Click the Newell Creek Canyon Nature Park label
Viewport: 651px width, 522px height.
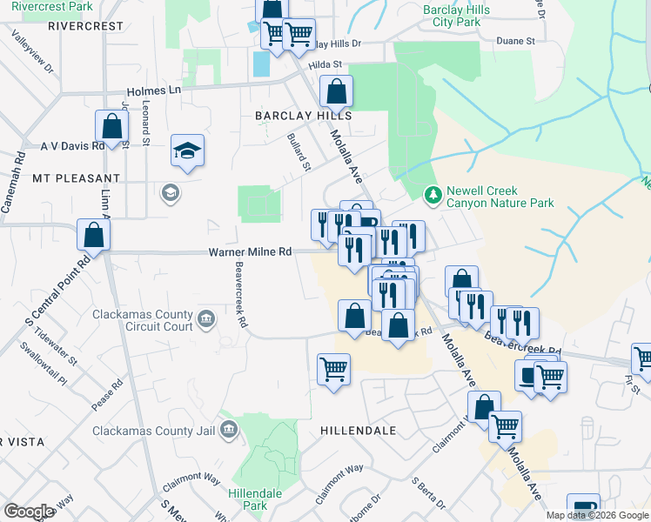[500, 197]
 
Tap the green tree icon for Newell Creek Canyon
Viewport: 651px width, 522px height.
[430, 193]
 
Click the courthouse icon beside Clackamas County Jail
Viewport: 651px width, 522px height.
[229, 428]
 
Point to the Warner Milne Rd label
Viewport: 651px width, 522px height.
[249, 252]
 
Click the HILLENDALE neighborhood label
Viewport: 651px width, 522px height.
[358, 431]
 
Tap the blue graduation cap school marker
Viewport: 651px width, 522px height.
[187, 151]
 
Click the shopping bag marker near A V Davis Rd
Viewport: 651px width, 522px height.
[112, 126]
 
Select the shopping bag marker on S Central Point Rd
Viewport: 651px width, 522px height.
[93, 234]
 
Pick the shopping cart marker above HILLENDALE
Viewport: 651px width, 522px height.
[333, 370]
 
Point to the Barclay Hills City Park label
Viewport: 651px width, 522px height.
[456, 16]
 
